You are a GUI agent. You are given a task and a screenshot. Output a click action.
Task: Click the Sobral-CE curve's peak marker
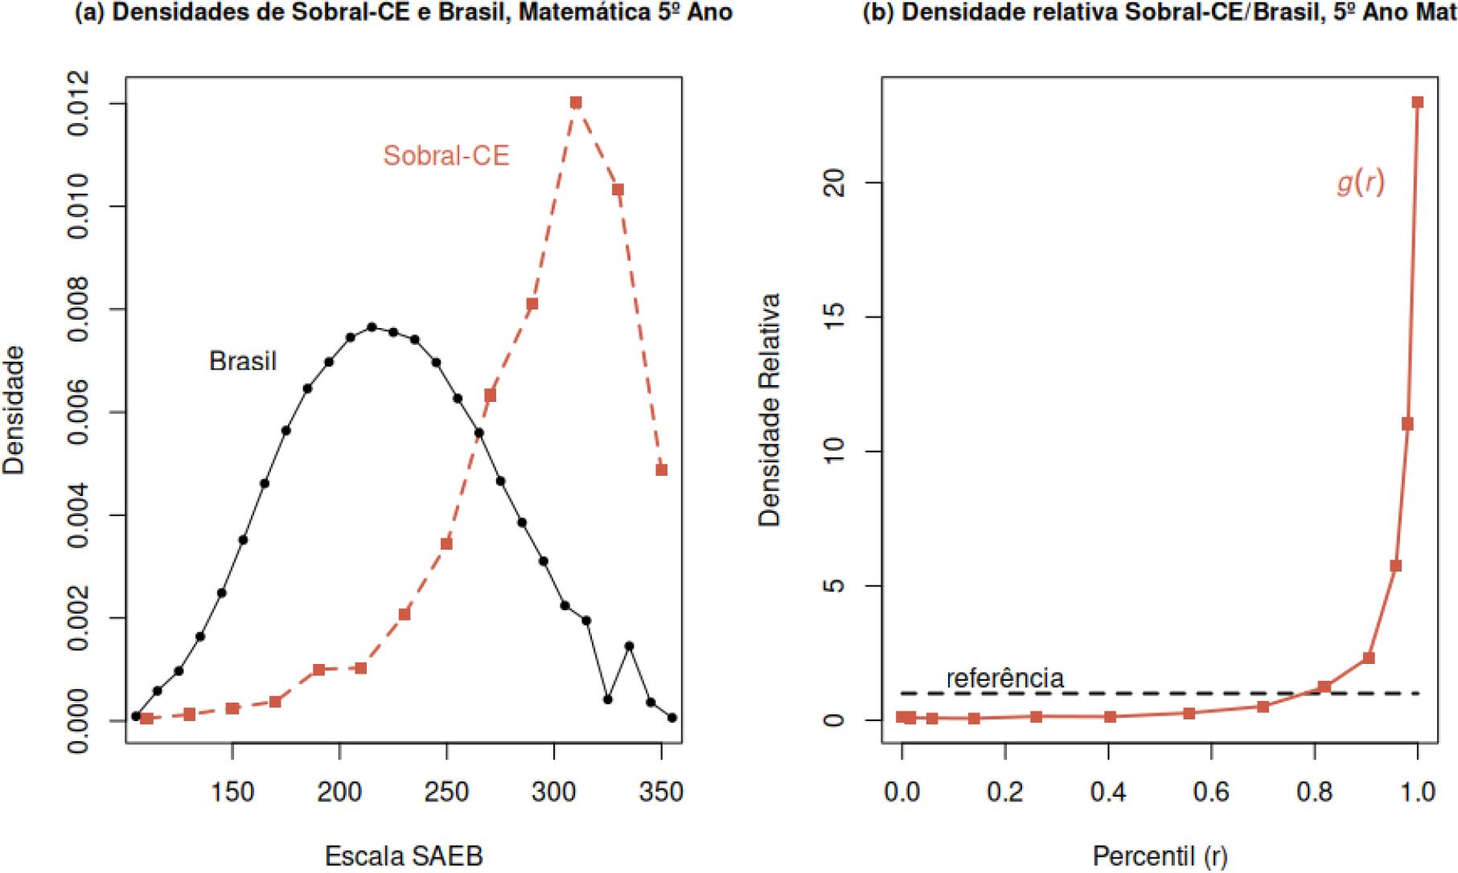point(576,103)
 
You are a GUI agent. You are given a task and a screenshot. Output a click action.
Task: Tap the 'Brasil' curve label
point(243,362)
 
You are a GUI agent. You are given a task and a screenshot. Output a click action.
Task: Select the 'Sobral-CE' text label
point(446,155)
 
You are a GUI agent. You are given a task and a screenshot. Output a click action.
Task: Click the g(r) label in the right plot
point(1361,183)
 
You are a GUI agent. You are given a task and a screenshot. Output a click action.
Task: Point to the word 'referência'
point(1005,678)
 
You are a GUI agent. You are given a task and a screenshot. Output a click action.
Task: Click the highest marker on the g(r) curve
point(1418,102)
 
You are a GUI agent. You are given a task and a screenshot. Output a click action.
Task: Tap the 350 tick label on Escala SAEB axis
point(661,793)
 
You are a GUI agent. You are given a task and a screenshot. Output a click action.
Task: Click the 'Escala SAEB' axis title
point(404,856)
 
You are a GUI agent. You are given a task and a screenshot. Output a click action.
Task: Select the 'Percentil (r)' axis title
point(1160,856)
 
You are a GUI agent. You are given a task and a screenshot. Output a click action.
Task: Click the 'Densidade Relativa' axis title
point(770,410)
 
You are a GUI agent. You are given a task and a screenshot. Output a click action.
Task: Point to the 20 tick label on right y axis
point(836,183)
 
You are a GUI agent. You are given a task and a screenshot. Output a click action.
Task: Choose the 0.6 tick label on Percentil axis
point(1212,793)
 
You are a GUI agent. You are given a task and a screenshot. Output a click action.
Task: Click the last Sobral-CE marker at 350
point(661,469)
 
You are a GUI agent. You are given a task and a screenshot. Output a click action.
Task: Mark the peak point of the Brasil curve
point(372,327)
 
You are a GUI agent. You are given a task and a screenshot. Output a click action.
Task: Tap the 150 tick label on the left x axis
point(232,793)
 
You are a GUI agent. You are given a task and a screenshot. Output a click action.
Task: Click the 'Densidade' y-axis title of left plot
point(14,410)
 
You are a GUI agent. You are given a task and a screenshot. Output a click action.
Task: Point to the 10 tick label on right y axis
point(836,452)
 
